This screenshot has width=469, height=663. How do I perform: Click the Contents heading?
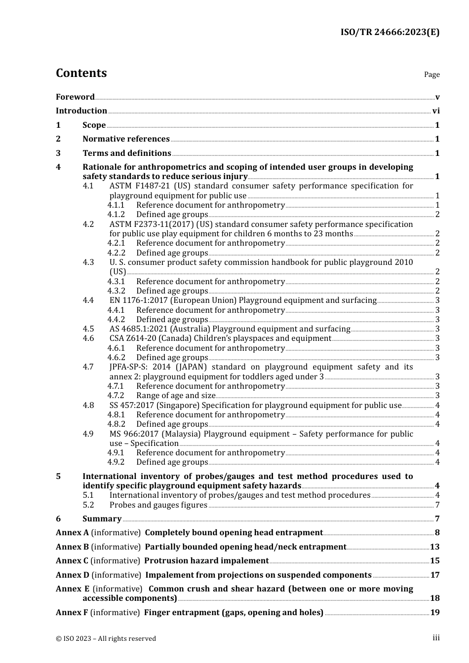click(x=81, y=73)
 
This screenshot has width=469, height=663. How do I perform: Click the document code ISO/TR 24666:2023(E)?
click(x=390, y=32)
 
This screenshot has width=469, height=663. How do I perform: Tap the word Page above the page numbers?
click(x=431, y=74)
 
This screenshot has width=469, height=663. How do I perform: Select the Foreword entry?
click(x=75, y=97)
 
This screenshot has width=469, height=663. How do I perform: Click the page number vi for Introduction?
click(x=436, y=111)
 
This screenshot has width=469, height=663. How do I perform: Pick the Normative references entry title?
click(x=126, y=139)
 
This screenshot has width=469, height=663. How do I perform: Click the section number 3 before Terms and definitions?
click(x=58, y=153)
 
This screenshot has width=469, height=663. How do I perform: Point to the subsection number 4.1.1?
click(x=116, y=205)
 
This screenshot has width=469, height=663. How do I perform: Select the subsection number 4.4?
click(x=88, y=300)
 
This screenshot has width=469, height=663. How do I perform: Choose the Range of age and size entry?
click(x=176, y=396)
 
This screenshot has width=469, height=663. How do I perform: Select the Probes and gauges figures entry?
click(x=158, y=505)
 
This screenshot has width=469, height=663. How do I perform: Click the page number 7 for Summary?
click(x=437, y=519)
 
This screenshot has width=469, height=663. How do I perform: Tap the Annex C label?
click(x=72, y=561)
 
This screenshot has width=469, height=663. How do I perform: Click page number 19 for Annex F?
click(x=435, y=613)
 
